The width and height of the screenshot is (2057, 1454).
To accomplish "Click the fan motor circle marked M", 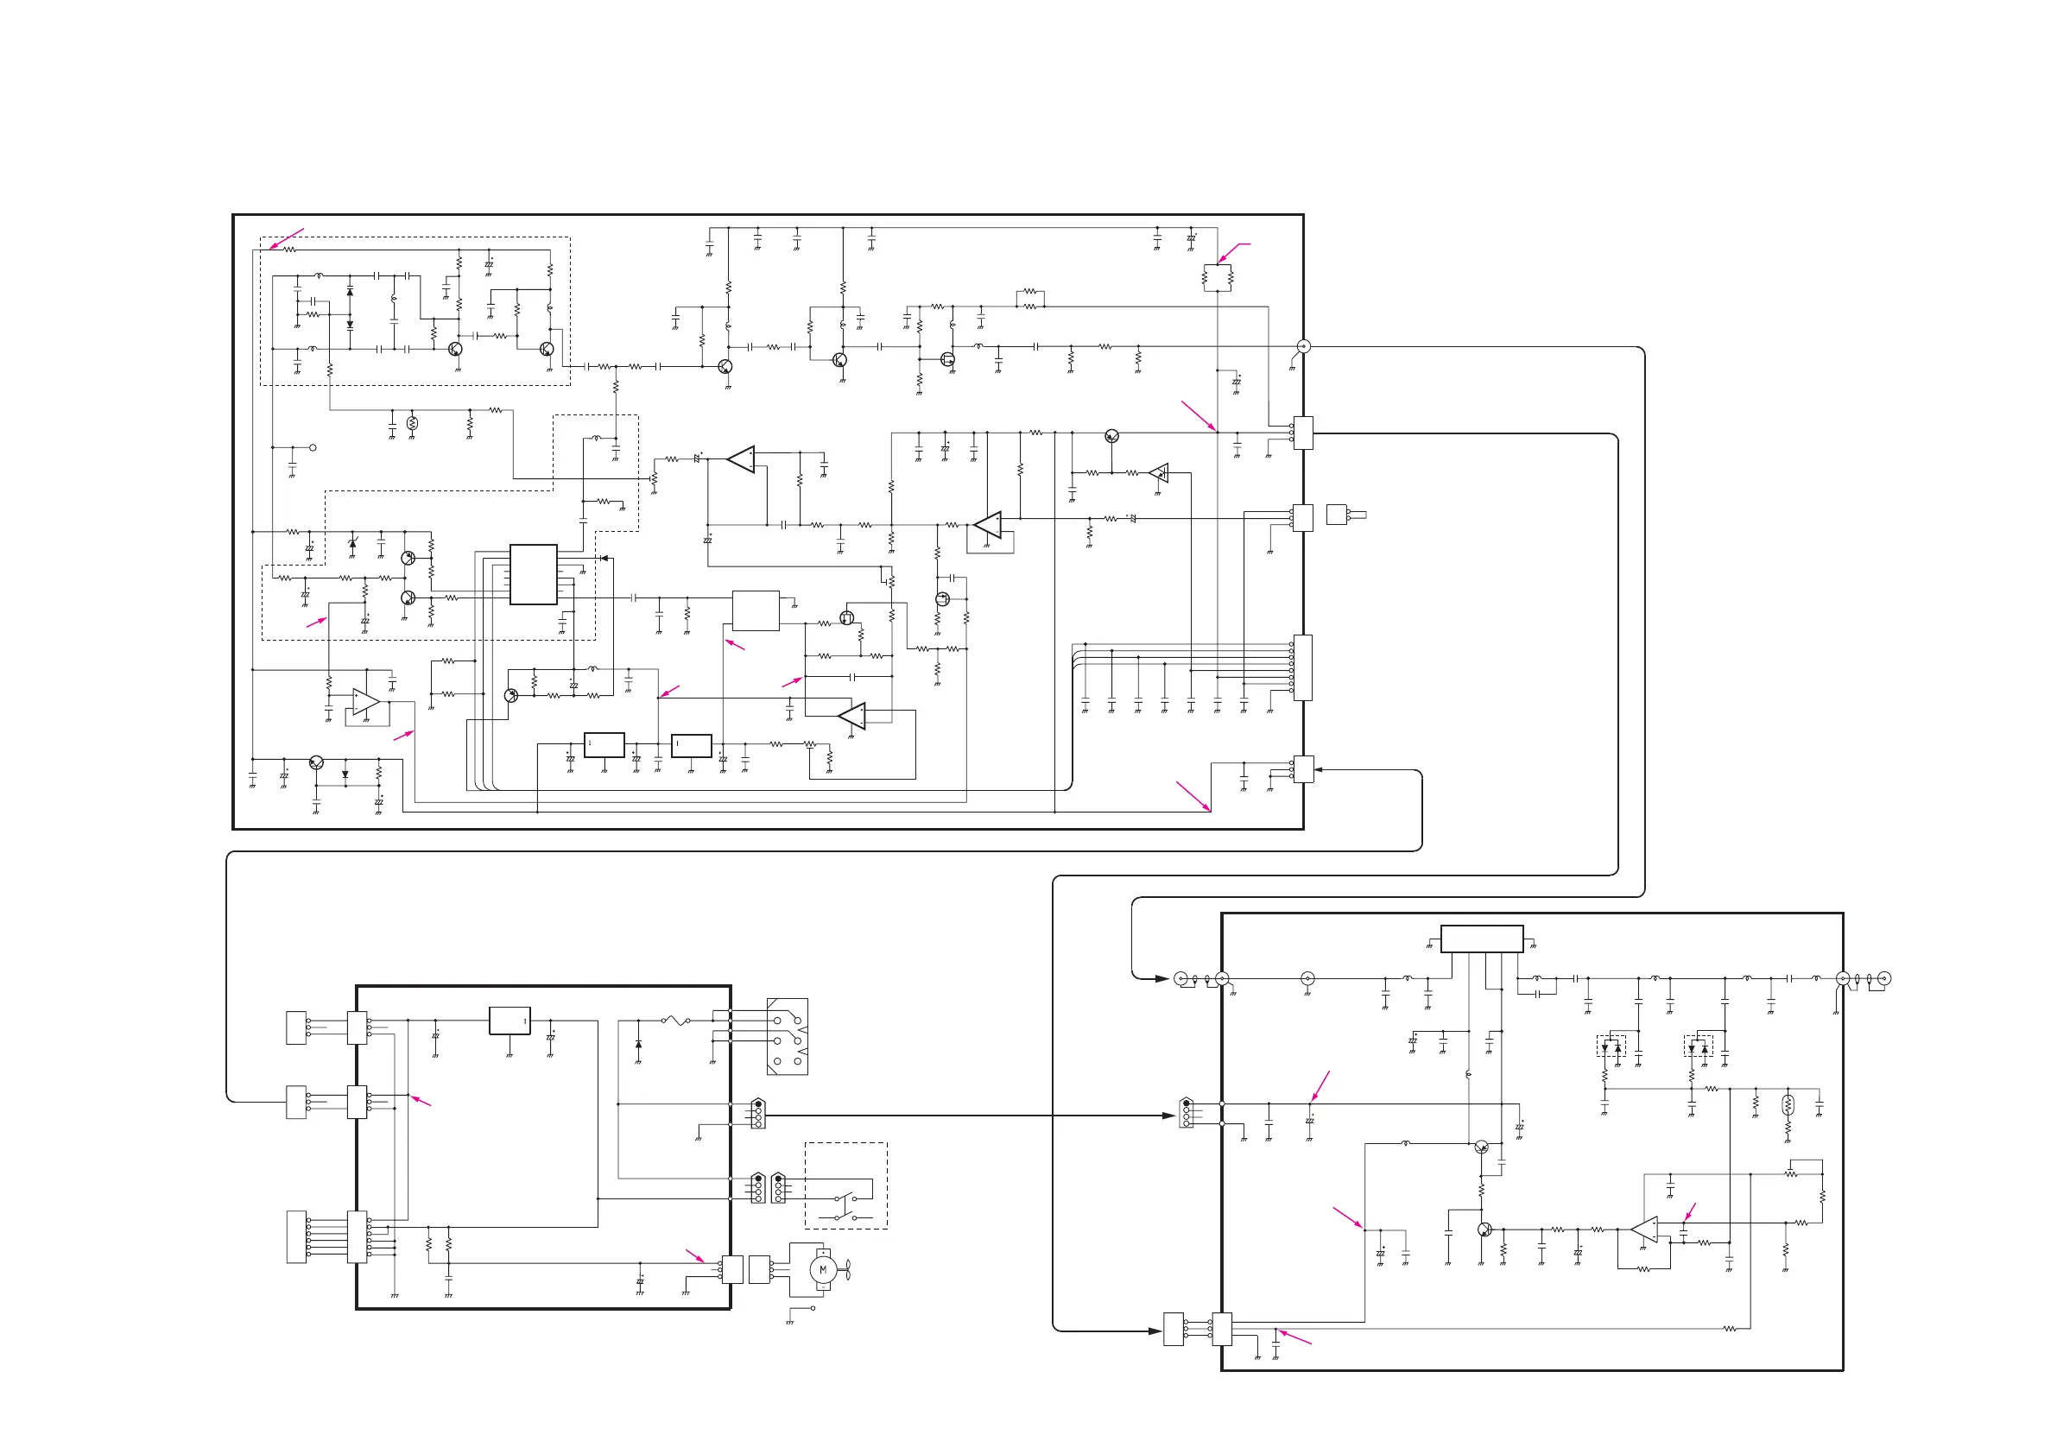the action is pyautogui.click(x=822, y=1269).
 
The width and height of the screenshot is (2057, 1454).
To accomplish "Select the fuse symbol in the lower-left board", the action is pyautogui.click(x=674, y=1020).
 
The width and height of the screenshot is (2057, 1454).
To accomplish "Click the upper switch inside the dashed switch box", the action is pyautogui.click(x=845, y=1198).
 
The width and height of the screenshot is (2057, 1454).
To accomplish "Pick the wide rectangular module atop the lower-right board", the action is pyautogui.click(x=1481, y=939).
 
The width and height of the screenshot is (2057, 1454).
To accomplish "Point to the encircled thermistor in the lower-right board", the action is pyautogui.click(x=1788, y=1104).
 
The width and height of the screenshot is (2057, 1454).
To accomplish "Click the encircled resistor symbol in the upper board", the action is pyautogui.click(x=412, y=423).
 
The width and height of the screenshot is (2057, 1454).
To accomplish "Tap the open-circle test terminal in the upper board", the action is pyautogui.click(x=313, y=447).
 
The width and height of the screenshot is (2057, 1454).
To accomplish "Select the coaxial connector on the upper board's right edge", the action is pyautogui.click(x=1305, y=347).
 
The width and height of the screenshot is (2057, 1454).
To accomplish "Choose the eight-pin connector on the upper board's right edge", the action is pyautogui.click(x=1302, y=668).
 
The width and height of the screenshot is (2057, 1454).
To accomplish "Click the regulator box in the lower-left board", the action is pyautogui.click(x=510, y=1021).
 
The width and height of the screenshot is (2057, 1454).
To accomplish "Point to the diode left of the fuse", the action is pyautogui.click(x=638, y=1045).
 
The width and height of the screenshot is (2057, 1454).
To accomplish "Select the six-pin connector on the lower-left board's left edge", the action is pyautogui.click(x=357, y=1237).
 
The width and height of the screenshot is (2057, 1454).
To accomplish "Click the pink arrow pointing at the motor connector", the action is pyautogui.click(x=695, y=1255).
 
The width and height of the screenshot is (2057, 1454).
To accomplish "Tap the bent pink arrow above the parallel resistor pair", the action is pyautogui.click(x=1232, y=251).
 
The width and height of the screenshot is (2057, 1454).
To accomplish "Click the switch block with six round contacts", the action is pyautogui.click(x=788, y=1036).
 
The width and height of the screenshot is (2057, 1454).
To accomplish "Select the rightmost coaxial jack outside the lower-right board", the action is pyautogui.click(x=1884, y=978).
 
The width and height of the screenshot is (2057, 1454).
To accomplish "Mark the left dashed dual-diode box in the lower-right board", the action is pyautogui.click(x=1611, y=1046).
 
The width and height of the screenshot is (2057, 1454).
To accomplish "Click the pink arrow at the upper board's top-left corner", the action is pyautogui.click(x=287, y=238).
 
